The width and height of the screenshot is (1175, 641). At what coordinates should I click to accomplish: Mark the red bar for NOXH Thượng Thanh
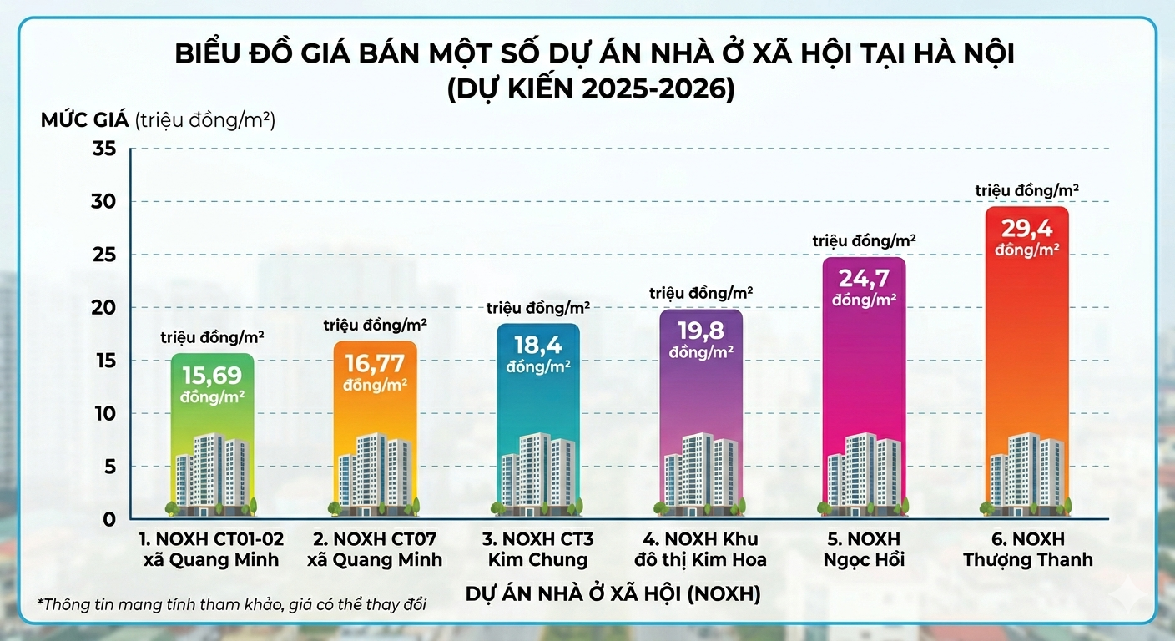pos(1026,351)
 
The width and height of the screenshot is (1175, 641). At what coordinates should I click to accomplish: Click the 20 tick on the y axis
pos(105,308)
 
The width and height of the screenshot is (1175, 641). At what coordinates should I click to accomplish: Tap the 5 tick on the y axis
pos(110,467)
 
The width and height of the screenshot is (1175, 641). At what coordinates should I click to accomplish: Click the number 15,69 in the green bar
pos(212,376)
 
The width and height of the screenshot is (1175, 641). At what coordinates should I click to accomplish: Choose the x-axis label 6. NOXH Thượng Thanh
pos(1027,549)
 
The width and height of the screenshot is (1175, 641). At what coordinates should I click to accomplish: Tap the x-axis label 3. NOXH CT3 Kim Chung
pos(538,549)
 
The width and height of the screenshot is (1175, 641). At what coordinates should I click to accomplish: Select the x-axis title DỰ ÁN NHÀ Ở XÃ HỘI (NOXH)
pos(612,594)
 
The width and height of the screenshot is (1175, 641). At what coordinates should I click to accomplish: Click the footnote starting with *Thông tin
pos(232,603)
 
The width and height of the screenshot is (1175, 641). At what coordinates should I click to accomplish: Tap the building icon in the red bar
pos(1026,472)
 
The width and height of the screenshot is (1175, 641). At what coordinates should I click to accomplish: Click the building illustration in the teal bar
pos(537,472)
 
